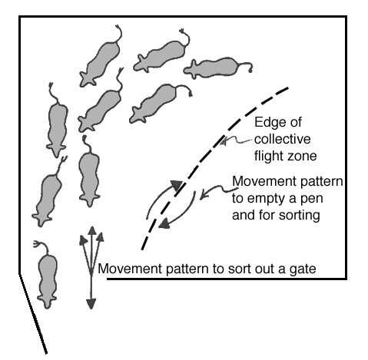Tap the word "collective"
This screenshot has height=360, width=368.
coord(283,139)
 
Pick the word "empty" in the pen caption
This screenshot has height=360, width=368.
coord(270,199)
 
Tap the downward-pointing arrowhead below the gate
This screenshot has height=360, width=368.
coord(91,304)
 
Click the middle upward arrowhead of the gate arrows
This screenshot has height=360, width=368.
coord(91,230)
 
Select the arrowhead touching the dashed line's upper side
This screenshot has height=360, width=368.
coord(177,185)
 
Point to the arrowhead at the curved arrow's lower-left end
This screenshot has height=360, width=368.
coord(164,224)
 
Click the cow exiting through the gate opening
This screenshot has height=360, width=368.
coord(48,275)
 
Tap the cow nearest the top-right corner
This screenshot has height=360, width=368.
coord(218,68)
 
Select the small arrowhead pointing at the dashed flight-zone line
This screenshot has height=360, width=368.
coord(224,141)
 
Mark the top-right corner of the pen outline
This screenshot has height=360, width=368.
coord(346,17)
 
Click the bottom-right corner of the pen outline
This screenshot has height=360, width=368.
coord(346,279)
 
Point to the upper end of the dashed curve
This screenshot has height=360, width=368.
coord(288,88)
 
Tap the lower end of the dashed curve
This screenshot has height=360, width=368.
coord(142,249)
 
